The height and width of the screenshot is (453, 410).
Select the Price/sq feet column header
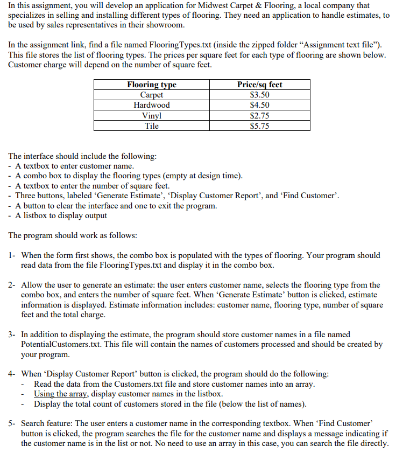click(x=259, y=85)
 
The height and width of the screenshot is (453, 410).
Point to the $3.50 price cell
click(x=259, y=95)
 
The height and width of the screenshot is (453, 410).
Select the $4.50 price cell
click(x=259, y=105)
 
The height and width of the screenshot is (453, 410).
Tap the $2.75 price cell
click(x=259, y=115)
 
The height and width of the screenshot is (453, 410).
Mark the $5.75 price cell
click(x=259, y=126)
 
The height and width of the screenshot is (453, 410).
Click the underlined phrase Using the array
click(x=58, y=394)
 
